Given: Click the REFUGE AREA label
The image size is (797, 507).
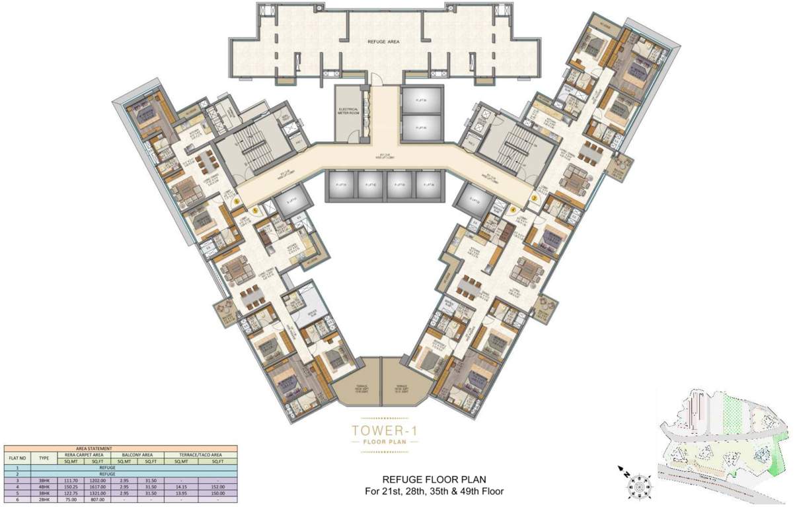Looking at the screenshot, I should (385, 41).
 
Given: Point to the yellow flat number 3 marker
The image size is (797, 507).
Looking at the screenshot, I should (535, 197).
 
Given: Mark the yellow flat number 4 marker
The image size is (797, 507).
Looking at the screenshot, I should (512, 210).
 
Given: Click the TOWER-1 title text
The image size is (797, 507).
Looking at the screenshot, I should (384, 431).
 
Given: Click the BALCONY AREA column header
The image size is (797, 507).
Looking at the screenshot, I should (137, 455).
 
